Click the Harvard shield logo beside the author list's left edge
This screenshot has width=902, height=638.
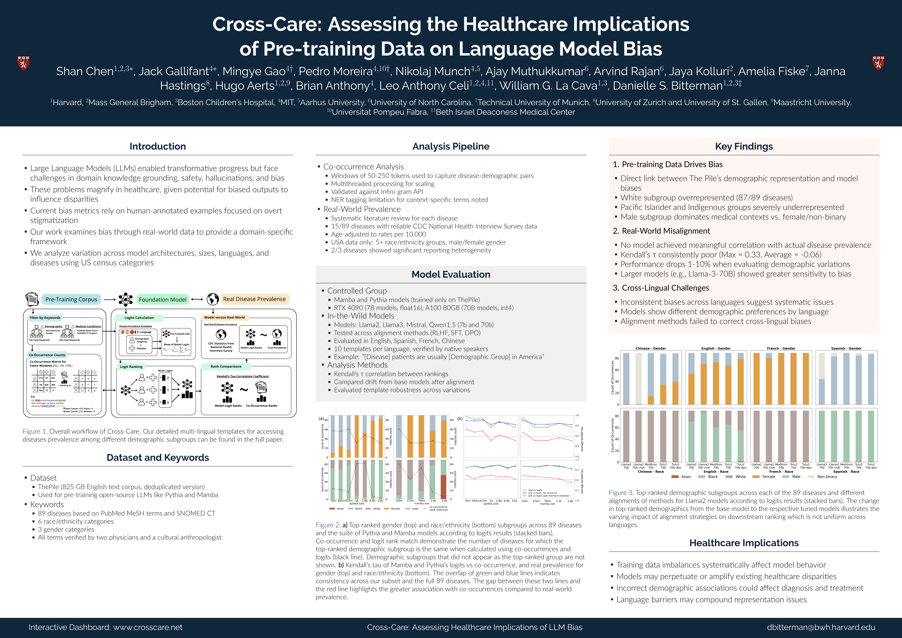pyautogui.click(x=23, y=63)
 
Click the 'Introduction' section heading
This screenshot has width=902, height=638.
pyautogui.click(x=157, y=146)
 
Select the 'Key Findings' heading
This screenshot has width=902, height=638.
pyautogui.click(x=744, y=146)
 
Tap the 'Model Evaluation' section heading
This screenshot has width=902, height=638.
pyautogui.click(x=451, y=275)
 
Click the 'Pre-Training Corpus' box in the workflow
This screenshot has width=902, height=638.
pyautogui.click(x=71, y=299)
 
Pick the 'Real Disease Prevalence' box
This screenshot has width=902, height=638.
pyautogui.click(x=254, y=299)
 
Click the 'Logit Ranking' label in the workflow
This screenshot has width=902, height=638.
pyautogui.click(x=131, y=367)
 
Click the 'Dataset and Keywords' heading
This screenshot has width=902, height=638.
pyautogui.click(x=157, y=458)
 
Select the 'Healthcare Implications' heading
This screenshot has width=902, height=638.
pyautogui.click(x=744, y=543)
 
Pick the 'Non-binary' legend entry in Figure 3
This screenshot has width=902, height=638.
pyautogui.click(x=827, y=477)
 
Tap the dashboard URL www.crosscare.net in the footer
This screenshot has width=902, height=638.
pyautogui.click(x=148, y=627)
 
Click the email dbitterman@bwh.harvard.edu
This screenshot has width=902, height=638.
pyautogui.click(x=821, y=627)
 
